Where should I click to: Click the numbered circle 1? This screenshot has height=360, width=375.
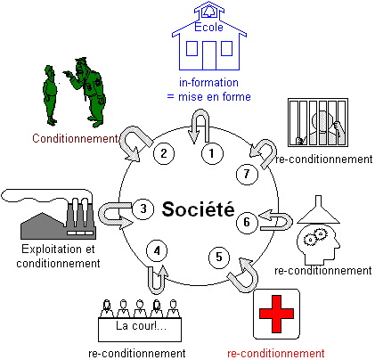tap(212, 153)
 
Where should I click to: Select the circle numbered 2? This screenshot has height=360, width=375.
tap(164, 153)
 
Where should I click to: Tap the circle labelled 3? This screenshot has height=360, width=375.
tap(143, 209)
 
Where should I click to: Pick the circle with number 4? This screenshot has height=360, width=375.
tap(157, 250)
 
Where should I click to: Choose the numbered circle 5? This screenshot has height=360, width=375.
tap(219, 258)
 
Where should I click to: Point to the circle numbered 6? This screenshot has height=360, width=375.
tap(247, 222)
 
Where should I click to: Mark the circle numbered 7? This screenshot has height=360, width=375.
tap(247, 174)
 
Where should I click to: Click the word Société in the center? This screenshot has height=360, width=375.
tap(198, 209)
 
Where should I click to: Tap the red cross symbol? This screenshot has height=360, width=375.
tap(276, 314)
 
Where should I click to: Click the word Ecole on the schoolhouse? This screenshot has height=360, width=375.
tap(208, 27)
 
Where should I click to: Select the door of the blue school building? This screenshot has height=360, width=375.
tap(209, 55)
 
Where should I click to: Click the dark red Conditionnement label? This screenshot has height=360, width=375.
tap(75, 138)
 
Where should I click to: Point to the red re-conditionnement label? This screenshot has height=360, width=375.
tap(276, 354)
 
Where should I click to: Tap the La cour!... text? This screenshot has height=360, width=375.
tap(141, 326)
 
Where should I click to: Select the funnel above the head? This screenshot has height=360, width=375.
tap(319, 209)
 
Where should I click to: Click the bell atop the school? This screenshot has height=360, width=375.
tap(209, 12)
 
